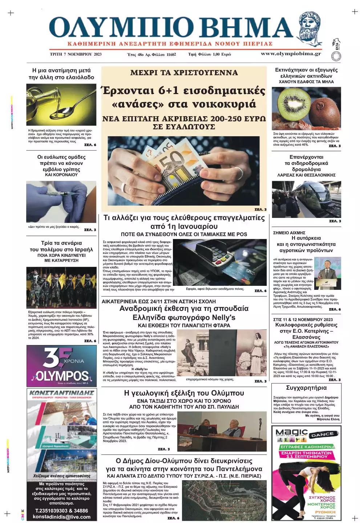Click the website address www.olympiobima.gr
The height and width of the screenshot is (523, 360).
click(x=291, y=54)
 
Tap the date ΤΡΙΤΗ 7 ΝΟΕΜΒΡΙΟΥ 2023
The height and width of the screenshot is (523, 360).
click(x=76, y=54)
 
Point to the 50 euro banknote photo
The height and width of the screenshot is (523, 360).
click(x=183, y=171)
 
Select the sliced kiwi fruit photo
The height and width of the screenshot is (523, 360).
click(x=307, y=108)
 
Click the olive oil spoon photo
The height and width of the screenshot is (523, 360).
click(x=61, y=105)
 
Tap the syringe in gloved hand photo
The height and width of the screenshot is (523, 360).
click(x=61, y=202)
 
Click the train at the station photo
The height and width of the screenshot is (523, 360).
click(x=307, y=199)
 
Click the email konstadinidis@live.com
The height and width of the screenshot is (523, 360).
click(x=61, y=517)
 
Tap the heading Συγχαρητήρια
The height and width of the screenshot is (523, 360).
click(x=306, y=388)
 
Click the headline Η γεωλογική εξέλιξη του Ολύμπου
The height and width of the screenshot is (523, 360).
click(x=184, y=393)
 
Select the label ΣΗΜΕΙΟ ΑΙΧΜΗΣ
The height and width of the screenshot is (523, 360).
click(x=289, y=233)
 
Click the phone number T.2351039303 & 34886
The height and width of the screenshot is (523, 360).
click(x=61, y=511)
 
